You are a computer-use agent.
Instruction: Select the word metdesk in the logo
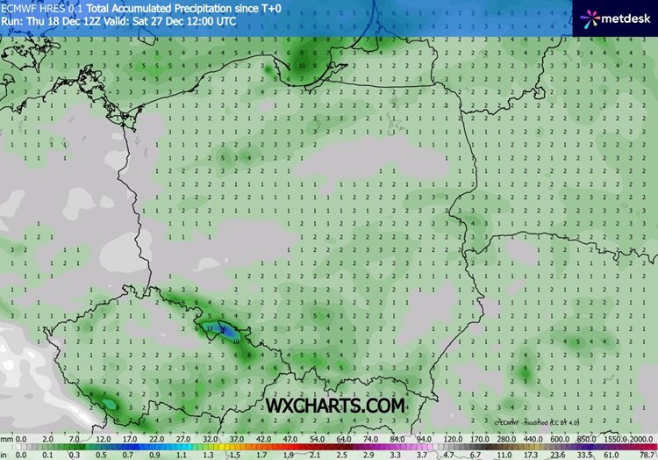tap(626, 16)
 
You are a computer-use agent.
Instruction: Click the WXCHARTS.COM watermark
tap(336, 406)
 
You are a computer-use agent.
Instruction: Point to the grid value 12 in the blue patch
tap(210, 329)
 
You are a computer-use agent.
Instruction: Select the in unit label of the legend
tap(5, 455)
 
